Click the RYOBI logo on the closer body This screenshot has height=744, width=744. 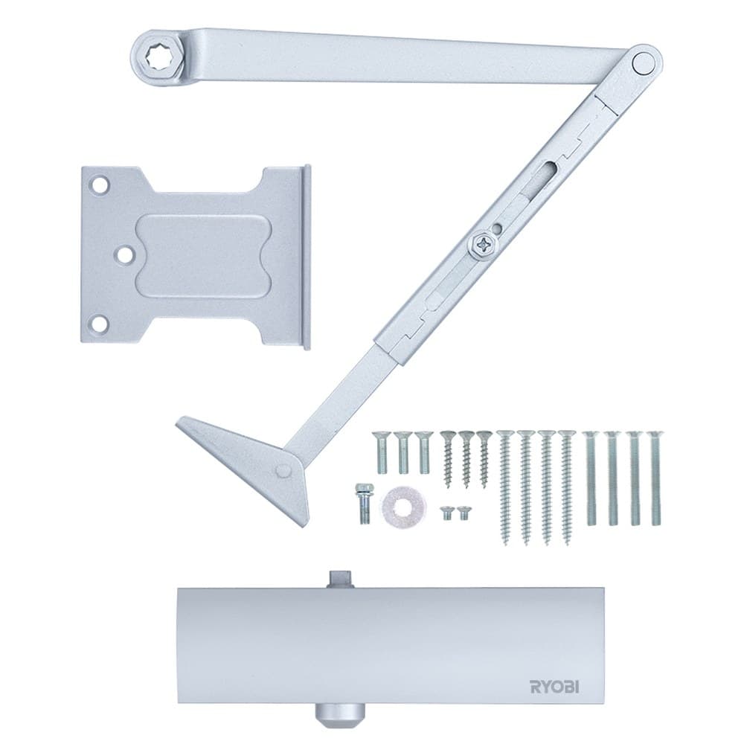coord(554,687)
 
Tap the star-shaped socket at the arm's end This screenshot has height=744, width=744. coord(159,58)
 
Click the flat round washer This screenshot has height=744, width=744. coord(404,504)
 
